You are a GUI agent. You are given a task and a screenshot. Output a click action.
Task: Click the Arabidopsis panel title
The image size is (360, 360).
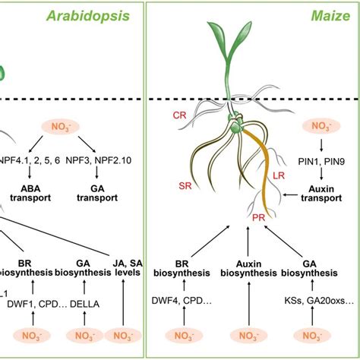tap(96, 15)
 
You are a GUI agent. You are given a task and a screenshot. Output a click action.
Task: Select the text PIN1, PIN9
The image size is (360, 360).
tap(323, 162)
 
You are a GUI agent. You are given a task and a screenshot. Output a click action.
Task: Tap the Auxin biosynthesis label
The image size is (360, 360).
tap(246, 270)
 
